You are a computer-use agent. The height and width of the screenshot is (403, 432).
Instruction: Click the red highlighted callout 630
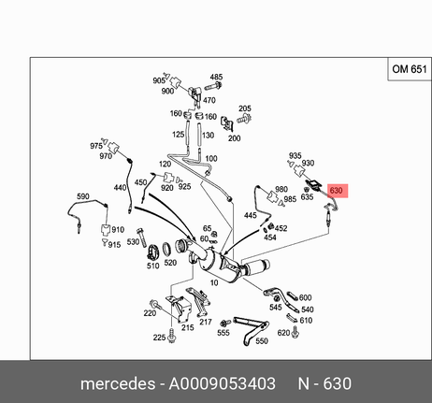click(338, 191)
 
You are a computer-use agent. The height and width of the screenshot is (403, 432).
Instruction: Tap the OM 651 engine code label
click(410, 69)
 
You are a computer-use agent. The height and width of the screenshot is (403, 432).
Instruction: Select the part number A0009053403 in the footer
click(222, 383)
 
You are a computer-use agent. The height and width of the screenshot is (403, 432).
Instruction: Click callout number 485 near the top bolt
click(216, 77)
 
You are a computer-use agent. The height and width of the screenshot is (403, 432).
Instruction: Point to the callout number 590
click(83, 196)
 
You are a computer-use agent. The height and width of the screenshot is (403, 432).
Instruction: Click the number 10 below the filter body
click(214, 282)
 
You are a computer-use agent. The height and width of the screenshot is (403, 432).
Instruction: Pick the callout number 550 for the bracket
click(262, 341)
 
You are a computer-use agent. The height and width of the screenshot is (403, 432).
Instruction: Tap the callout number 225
click(159, 338)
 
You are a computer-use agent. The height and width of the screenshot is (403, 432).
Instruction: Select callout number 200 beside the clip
click(234, 138)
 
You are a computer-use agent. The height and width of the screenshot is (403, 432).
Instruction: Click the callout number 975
click(96, 146)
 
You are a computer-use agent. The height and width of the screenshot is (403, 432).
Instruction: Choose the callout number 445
click(251, 215)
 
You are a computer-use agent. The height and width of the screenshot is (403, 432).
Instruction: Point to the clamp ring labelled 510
click(153, 252)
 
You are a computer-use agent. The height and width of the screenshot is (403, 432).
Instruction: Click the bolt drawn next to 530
click(141, 237)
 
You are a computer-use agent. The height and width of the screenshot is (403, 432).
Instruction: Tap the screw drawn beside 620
click(295, 333)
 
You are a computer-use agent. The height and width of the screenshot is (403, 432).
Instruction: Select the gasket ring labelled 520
click(167, 249)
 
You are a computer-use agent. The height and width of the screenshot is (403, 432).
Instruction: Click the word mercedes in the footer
click(118, 383)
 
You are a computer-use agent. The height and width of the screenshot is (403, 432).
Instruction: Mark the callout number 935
click(295, 155)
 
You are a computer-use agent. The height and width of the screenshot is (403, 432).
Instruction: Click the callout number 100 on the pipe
click(211, 158)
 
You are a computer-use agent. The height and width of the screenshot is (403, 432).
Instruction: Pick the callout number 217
click(206, 322)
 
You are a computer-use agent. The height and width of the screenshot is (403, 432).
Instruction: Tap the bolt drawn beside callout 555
click(225, 323)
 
